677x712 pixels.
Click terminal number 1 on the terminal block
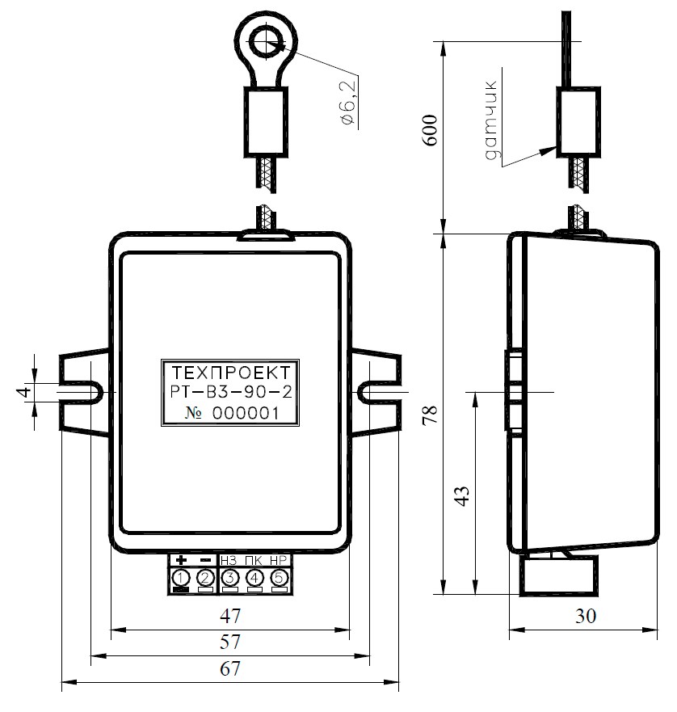(x=181, y=578)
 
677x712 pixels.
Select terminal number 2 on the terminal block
(x=205, y=578)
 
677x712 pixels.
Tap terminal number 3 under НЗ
(x=229, y=578)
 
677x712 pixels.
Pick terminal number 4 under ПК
(x=254, y=578)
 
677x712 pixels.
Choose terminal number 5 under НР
(x=279, y=578)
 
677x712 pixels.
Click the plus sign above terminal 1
(x=181, y=560)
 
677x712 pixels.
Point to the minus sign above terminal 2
(x=205, y=560)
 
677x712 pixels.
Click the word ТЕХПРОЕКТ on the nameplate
(x=231, y=373)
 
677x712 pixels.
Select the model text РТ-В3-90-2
(x=231, y=392)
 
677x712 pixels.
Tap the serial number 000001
(x=246, y=413)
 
